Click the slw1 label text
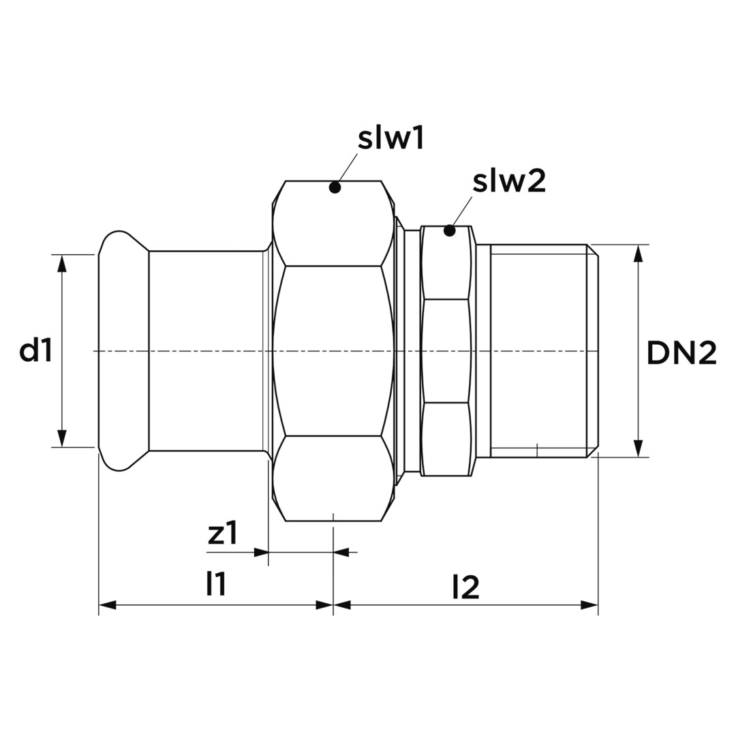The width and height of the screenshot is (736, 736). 391,139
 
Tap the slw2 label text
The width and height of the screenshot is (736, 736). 509,181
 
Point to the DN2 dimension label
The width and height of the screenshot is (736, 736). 681,354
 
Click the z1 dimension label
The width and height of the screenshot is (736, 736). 223,533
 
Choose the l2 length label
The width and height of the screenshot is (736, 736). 466,587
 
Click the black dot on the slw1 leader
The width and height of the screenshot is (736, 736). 335,187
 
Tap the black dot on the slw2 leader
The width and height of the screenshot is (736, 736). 450,230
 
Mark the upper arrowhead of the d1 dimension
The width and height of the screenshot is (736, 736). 62,264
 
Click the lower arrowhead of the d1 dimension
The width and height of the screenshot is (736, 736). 62,438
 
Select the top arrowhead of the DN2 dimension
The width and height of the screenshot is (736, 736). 638,254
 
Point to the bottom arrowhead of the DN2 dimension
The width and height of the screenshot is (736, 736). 638,448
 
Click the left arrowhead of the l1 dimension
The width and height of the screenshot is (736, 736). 108,605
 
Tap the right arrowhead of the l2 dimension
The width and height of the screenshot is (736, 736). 589,605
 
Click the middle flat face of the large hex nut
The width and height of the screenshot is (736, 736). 333,351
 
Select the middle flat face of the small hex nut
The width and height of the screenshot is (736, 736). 446,351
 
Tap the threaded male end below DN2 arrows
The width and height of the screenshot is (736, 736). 538,351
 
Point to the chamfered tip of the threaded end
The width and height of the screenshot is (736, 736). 593,351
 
